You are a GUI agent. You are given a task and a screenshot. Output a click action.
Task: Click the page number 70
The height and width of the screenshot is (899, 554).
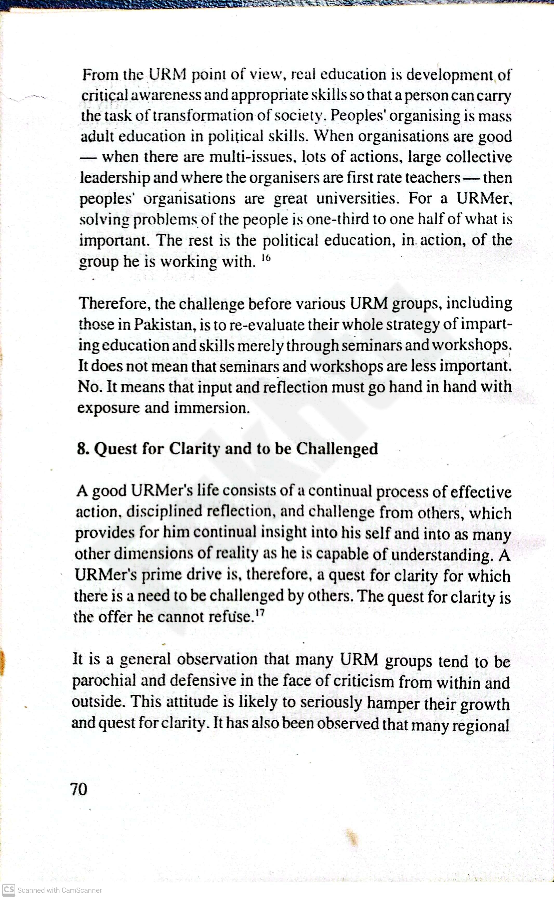coord(79,789)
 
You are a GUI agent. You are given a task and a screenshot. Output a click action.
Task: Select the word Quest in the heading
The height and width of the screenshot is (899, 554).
coord(116,449)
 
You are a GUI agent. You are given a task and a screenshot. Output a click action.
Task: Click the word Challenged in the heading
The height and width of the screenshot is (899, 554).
coord(337,449)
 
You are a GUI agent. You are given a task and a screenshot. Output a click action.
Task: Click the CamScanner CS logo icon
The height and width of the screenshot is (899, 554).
coord(8,889)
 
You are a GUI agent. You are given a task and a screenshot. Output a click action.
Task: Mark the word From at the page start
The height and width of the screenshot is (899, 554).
coord(100,75)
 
